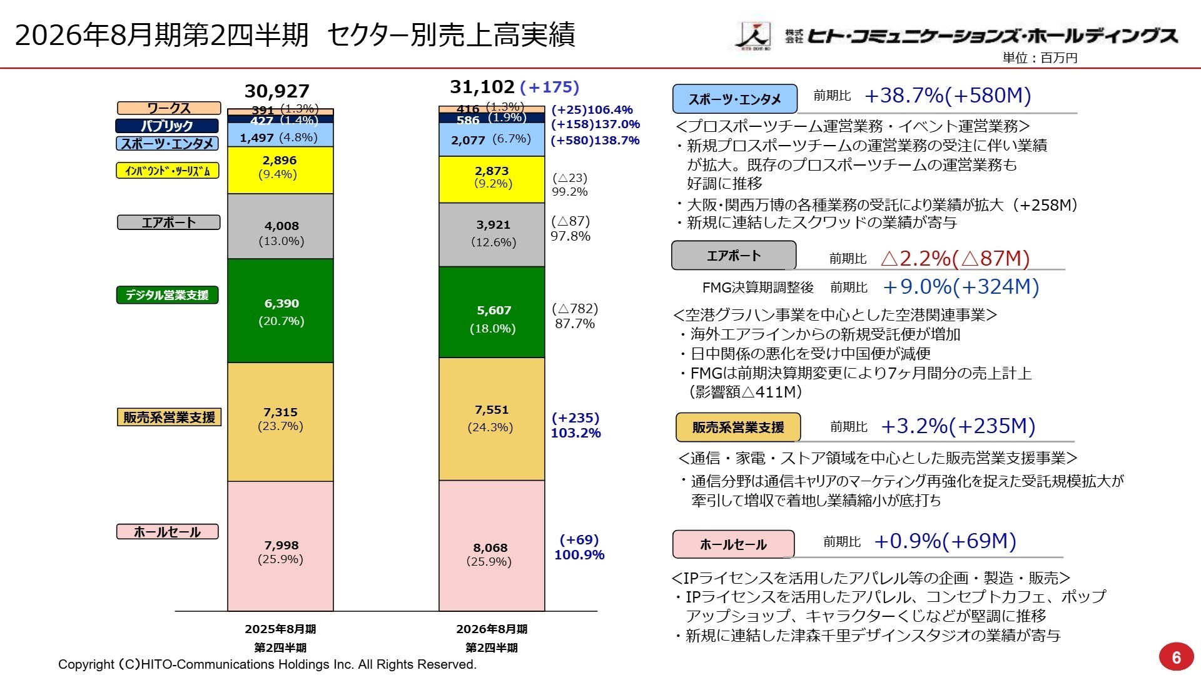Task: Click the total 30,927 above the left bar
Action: click(276, 91)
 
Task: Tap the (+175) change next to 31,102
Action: click(549, 87)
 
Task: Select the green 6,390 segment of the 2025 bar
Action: click(281, 311)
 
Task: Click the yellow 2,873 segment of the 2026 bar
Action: click(492, 179)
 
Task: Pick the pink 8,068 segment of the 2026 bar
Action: click(492, 546)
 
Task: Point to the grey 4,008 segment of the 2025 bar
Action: click(281, 226)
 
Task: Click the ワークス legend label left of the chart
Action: click(169, 108)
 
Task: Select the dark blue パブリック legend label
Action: click(167, 126)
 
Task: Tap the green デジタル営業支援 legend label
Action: click(168, 295)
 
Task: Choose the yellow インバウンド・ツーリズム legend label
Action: click(168, 171)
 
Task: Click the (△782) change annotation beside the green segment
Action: click(574, 309)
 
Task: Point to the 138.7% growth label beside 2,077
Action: click(617, 140)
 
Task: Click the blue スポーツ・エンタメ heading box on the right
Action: click(734, 99)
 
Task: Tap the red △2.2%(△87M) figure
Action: click(955, 258)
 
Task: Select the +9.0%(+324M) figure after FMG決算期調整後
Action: click(960, 287)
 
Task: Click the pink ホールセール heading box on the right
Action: click(733, 544)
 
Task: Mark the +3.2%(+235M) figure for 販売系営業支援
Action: click(958, 426)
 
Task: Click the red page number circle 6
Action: click(1176, 657)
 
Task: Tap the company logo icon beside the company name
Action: click(753, 36)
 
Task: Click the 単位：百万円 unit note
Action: click(1040, 58)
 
